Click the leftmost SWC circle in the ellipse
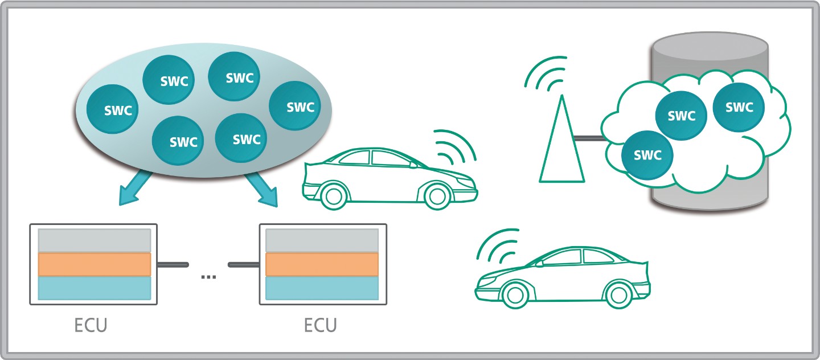112,109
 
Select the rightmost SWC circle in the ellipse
295,106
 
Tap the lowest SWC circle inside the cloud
647,154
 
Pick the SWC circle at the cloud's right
739,107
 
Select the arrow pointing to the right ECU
262,189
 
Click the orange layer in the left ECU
95,264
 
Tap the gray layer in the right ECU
322,240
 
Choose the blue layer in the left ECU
95,288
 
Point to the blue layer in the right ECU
322,288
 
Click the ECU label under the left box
91,325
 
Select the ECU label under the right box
320,325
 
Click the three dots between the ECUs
208,277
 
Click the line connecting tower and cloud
589,138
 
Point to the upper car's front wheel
437,196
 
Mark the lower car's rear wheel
618,295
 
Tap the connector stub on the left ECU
173,264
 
